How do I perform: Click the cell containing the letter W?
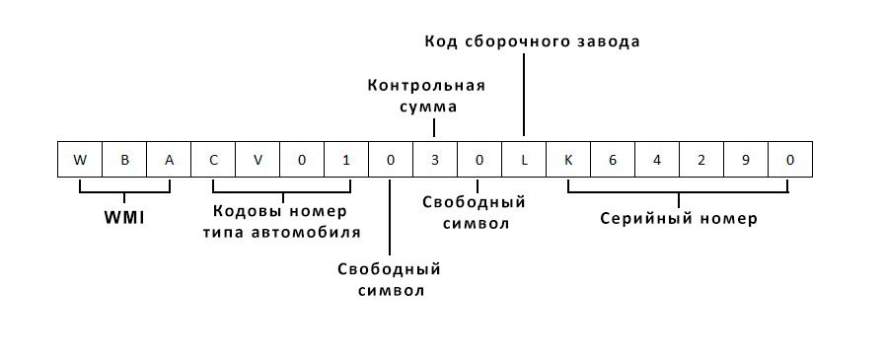(x=80, y=159)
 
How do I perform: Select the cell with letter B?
(x=124, y=159)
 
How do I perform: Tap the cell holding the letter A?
(x=169, y=159)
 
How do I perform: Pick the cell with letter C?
(x=213, y=159)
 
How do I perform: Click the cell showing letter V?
(x=258, y=159)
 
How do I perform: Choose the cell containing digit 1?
(x=346, y=159)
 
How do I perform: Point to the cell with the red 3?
(x=435, y=159)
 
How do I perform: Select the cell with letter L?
(x=524, y=159)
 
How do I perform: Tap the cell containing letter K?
(x=568, y=159)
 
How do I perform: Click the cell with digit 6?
(x=613, y=159)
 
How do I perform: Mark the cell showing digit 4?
(x=657, y=159)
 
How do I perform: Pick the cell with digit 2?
(x=701, y=159)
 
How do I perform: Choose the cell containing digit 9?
(x=746, y=159)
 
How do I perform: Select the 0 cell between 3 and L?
(x=479, y=159)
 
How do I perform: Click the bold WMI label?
(x=125, y=217)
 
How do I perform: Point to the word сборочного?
(x=519, y=42)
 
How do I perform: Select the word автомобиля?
(x=311, y=232)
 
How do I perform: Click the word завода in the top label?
(x=609, y=42)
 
